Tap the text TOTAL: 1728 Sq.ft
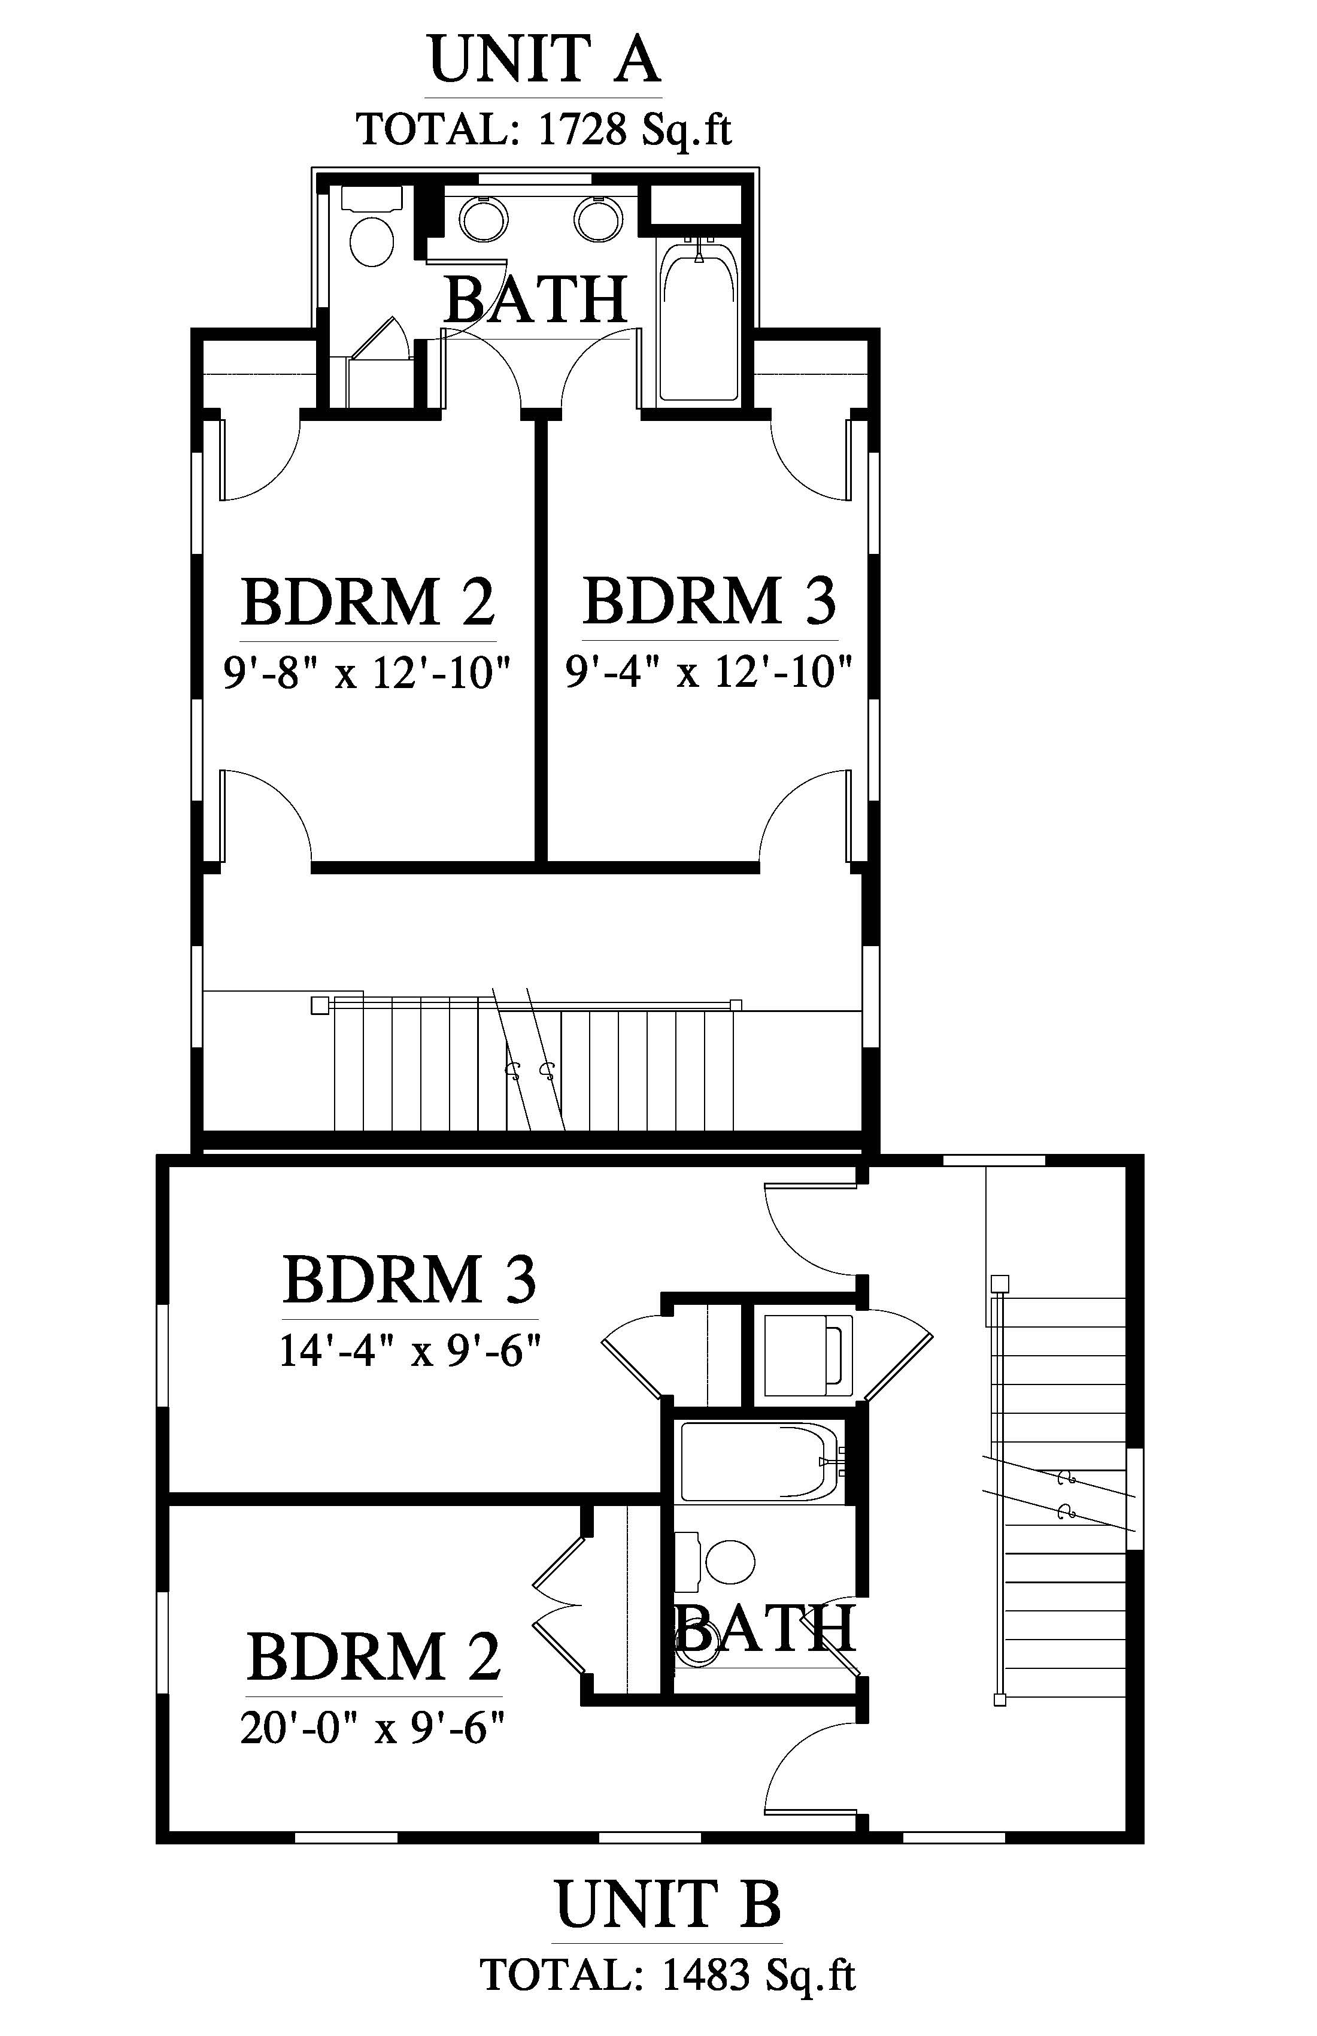(x=544, y=130)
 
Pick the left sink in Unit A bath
(x=485, y=219)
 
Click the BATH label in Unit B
(x=766, y=1628)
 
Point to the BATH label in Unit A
(x=537, y=299)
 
